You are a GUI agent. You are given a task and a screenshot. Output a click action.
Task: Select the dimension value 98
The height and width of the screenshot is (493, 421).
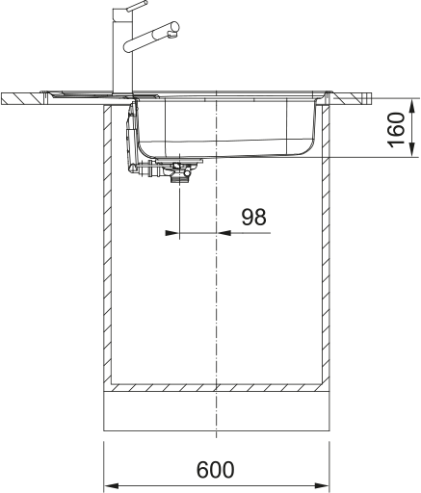[253, 218]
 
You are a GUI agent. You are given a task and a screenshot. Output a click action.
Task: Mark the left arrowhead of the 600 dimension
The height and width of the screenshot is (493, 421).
[111, 484]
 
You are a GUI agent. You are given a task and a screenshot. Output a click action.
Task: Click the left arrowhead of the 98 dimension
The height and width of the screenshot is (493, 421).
[171, 232]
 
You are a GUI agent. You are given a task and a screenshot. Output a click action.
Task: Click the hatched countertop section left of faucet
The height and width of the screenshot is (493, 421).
[29, 99]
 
